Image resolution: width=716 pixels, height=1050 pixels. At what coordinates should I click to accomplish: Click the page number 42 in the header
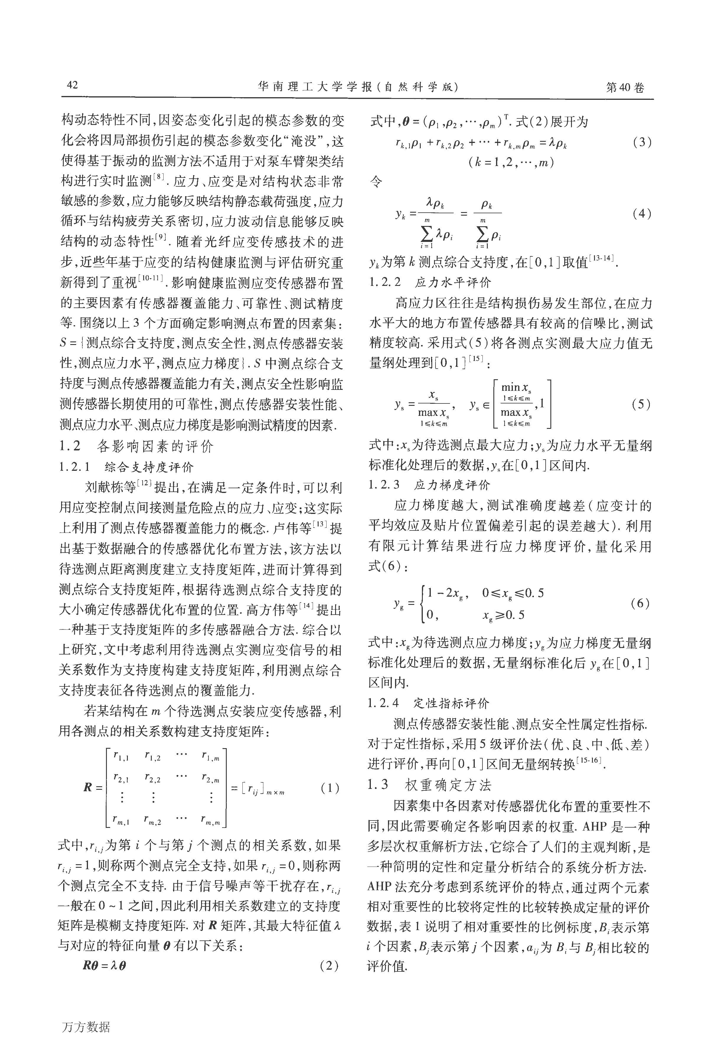72,85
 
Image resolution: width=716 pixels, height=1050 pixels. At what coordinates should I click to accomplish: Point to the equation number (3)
642,143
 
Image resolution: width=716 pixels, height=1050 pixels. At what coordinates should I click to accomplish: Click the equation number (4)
642,214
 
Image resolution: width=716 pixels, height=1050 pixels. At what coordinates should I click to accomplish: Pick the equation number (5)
642,404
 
